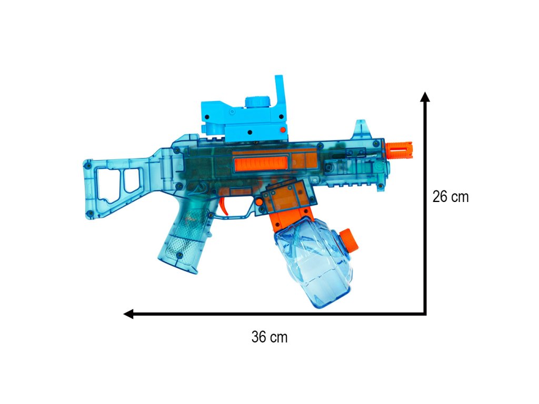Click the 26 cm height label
451,197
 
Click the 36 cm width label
269,337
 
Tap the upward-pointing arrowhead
425,97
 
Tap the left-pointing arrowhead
128,314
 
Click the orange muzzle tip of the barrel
399,150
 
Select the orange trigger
224,205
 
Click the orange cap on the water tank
349,239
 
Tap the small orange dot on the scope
283,130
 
